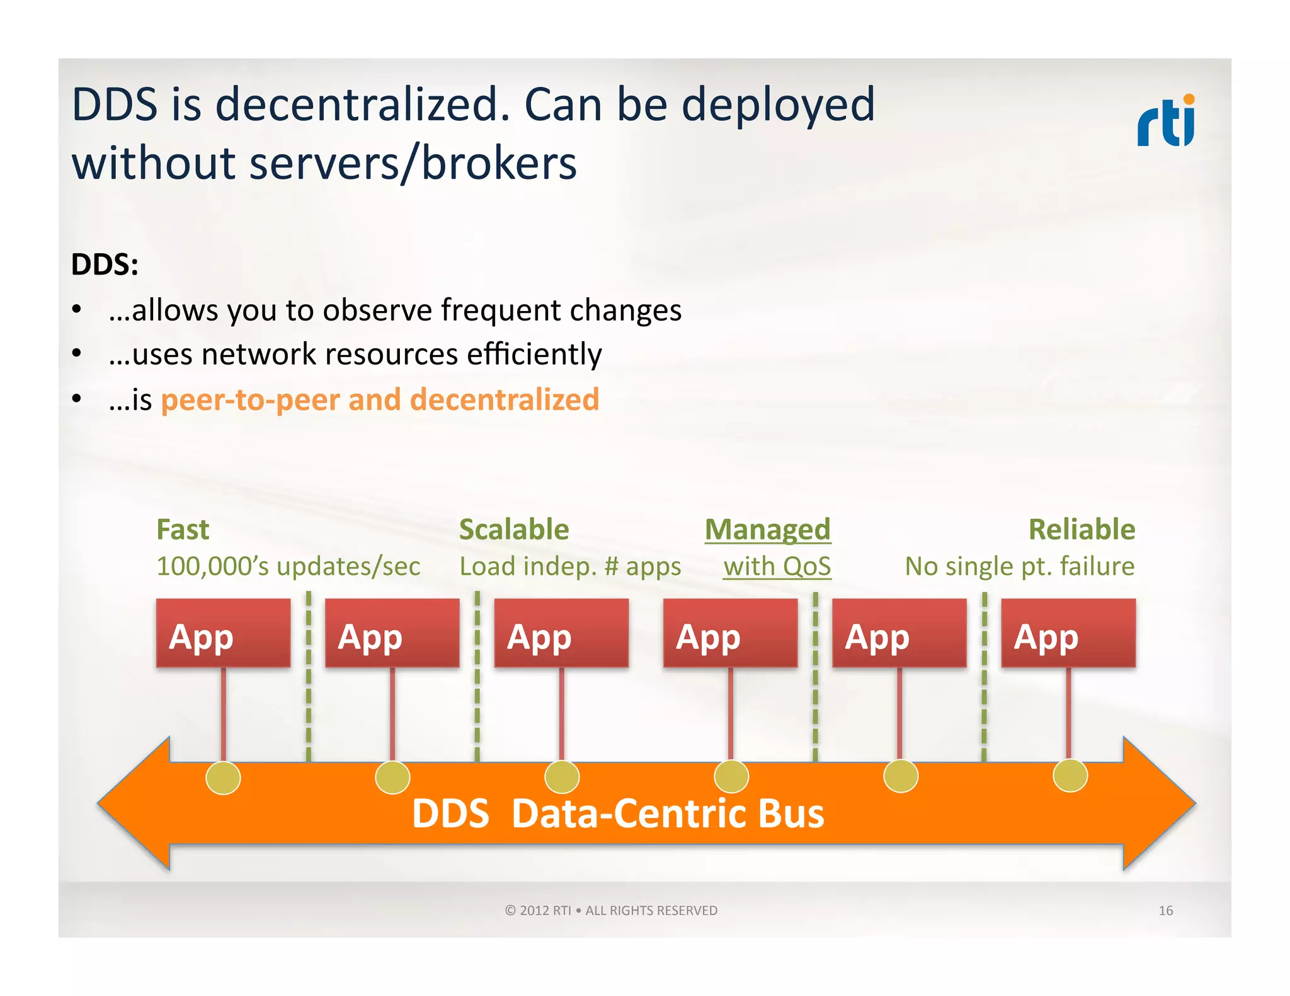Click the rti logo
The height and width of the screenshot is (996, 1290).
pyautogui.click(x=1166, y=121)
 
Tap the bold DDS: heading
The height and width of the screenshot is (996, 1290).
pyautogui.click(x=105, y=264)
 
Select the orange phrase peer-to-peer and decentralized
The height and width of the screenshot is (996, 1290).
pyautogui.click(x=380, y=400)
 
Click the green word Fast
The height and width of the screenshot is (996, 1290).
pyautogui.click(x=183, y=529)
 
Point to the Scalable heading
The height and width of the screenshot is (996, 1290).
pyautogui.click(x=514, y=529)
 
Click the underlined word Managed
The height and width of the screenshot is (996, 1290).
pyautogui.click(x=767, y=529)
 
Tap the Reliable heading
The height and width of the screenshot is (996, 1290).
pyautogui.click(x=1082, y=529)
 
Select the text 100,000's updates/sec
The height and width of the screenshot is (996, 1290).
pyautogui.click(x=288, y=567)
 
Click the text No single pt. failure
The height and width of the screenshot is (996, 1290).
pyautogui.click(x=1019, y=567)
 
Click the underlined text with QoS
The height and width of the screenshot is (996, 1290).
pyautogui.click(x=777, y=567)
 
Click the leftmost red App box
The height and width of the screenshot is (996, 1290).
pyautogui.click(x=223, y=633)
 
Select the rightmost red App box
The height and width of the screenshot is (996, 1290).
pyautogui.click(x=1068, y=633)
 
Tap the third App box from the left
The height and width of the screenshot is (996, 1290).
pyautogui.click(x=561, y=633)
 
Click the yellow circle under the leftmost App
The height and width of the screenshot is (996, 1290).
pyautogui.click(x=223, y=778)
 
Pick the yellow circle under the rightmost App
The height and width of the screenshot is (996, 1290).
pyautogui.click(x=1070, y=775)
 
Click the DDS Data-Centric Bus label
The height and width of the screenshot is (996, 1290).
pyautogui.click(x=617, y=813)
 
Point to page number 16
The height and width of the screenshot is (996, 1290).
pyautogui.click(x=1165, y=910)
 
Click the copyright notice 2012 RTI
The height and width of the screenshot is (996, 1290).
pyautogui.click(x=610, y=910)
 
